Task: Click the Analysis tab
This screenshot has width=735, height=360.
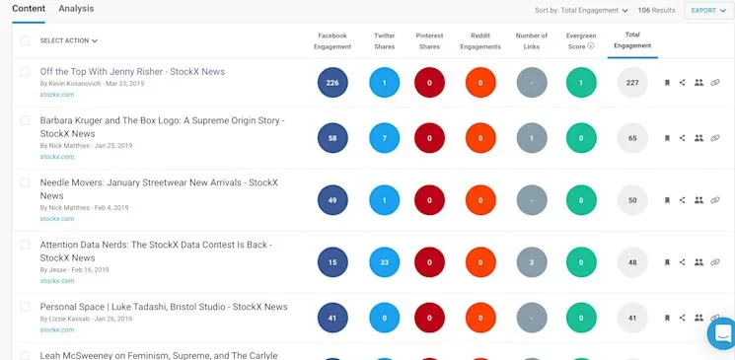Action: tap(77, 9)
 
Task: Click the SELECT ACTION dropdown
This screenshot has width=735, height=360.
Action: tap(69, 40)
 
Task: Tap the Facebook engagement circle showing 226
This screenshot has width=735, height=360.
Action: tap(332, 83)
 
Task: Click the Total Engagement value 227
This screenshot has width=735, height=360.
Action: tap(632, 83)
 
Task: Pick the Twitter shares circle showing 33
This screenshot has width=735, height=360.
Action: tap(385, 262)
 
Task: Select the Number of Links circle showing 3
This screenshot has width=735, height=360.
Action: tap(532, 262)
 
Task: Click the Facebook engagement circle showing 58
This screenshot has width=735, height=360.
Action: tap(332, 139)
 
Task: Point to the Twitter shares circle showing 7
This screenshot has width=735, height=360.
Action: tap(385, 139)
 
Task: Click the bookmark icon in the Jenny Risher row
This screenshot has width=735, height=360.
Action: tap(667, 84)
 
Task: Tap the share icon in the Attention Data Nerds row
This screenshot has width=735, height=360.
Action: tap(683, 262)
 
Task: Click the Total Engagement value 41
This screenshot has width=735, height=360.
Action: tap(632, 319)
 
